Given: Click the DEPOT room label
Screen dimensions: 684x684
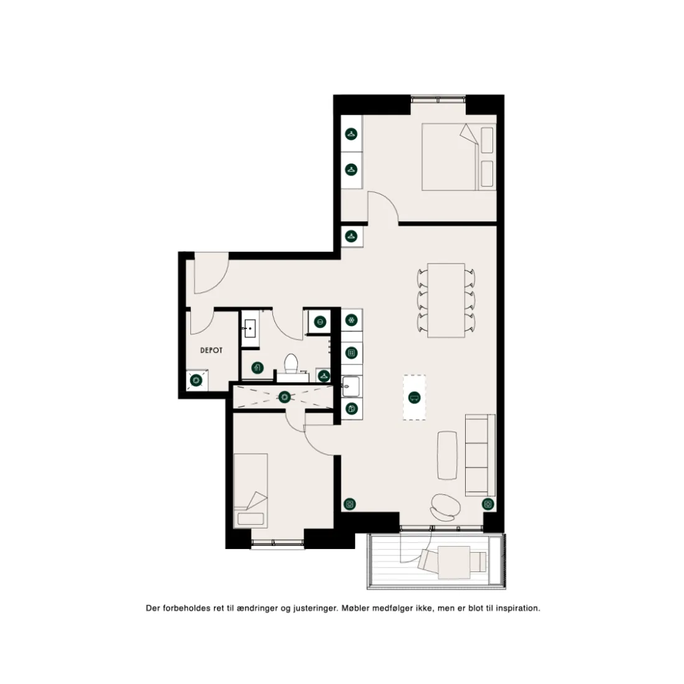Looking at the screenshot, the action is (211, 350).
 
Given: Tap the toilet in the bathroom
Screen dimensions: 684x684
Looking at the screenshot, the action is (291, 363).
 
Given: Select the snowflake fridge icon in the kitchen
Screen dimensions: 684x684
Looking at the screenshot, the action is (351, 320).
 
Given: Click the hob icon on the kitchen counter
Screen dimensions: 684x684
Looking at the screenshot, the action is (351, 353).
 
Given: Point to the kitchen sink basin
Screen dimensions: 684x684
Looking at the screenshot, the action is (350, 387).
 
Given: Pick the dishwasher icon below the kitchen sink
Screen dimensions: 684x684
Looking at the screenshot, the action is (351, 409).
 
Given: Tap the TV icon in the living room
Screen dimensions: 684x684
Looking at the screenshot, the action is (414, 397).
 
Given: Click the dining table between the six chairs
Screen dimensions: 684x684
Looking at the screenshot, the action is (446, 300).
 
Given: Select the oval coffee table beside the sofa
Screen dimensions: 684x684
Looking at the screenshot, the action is (447, 455).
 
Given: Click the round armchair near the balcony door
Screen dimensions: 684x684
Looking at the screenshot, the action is (445, 507).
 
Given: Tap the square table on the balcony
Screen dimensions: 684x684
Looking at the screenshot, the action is (454, 562).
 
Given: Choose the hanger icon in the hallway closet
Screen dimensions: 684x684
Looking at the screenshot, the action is (351, 236).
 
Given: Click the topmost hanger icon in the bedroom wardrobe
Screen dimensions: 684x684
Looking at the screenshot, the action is (351, 134).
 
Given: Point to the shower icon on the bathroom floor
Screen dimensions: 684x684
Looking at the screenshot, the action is (258, 367).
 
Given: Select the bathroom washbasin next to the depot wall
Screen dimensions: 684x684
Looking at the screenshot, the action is (250, 328).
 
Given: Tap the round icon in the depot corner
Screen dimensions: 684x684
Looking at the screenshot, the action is (196, 381).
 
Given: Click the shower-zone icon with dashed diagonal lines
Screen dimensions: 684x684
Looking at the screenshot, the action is (284, 397).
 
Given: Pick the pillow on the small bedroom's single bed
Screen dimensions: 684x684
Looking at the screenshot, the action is (251, 519).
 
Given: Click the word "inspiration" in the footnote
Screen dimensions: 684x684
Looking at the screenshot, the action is (516, 608).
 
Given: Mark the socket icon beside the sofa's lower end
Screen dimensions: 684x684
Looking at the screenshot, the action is (488, 504).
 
